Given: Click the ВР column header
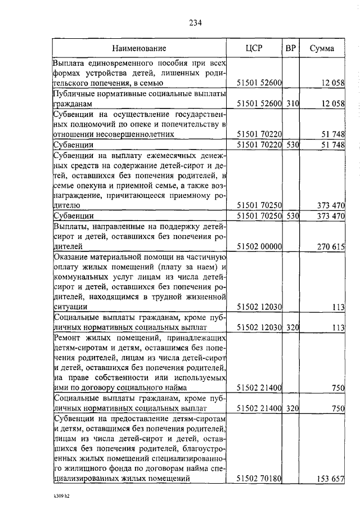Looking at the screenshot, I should coord(291,48).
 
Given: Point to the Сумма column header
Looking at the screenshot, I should coord(322,48).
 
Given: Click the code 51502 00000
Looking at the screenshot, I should coord(259,246).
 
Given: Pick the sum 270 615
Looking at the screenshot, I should coord(330,246).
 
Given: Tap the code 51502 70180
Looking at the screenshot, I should coord(259,478).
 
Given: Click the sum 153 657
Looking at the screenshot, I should coord(330,478).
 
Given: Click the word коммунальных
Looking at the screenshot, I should coord(80,276).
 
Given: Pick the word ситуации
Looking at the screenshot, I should coord(70,307).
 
